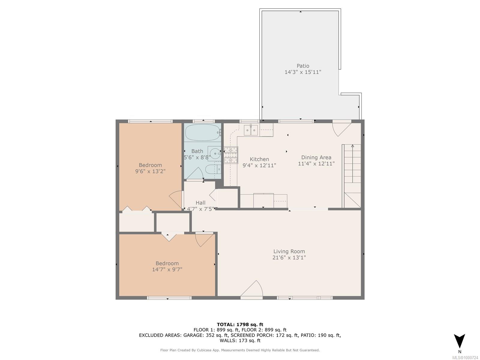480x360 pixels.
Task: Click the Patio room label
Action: (303, 66)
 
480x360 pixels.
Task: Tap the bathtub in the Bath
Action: (202, 133)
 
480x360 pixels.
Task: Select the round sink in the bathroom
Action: (214, 153)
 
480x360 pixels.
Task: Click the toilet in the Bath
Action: (213, 169)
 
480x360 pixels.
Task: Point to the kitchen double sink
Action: (250, 130)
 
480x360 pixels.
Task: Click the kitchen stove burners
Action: (231, 155)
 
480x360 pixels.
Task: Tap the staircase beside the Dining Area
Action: (351, 176)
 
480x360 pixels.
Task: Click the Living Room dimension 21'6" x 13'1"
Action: (289, 257)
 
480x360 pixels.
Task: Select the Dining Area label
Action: (316, 157)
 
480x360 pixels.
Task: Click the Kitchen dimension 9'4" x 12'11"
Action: (259, 165)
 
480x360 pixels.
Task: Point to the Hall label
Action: (200, 202)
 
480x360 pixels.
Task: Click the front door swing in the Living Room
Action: (252, 289)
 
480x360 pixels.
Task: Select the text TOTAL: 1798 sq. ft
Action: (240, 324)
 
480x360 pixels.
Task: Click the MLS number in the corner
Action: (465, 357)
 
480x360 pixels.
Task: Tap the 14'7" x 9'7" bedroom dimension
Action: (167, 269)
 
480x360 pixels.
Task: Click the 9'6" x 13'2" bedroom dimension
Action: (150, 171)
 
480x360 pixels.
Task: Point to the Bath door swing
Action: (195, 173)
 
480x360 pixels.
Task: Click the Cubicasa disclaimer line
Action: (240, 350)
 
